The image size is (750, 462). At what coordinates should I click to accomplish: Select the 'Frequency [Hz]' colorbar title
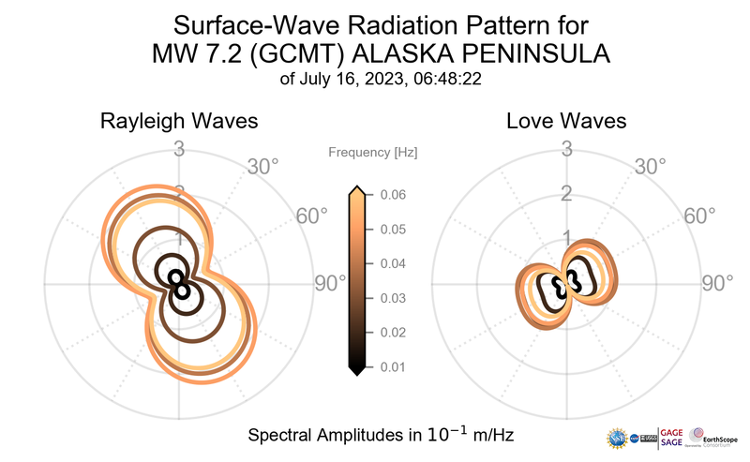click(372, 152)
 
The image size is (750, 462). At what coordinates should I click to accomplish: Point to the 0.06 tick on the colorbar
click(392, 195)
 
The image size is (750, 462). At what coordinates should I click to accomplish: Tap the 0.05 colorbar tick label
click(392, 230)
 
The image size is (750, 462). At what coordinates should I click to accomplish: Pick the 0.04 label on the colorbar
click(392, 264)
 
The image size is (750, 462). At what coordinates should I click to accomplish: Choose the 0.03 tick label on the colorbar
click(392, 298)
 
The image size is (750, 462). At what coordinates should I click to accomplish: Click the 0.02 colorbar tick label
click(392, 333)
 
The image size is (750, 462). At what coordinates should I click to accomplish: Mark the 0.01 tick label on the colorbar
click(392, 366)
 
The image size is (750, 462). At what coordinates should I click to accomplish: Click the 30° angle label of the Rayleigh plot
click(263, 167)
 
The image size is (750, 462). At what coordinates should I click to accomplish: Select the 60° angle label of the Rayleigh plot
click(312, 216)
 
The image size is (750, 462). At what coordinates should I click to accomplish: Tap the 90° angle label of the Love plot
click(718, 284)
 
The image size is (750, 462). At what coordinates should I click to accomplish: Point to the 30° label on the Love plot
click(651, 167)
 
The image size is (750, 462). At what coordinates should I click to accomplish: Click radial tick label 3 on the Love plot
click(566, 149)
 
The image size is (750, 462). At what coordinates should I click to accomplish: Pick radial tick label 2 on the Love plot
click(566, 194)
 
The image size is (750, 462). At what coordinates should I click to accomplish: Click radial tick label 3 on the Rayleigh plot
click(178, 149)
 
